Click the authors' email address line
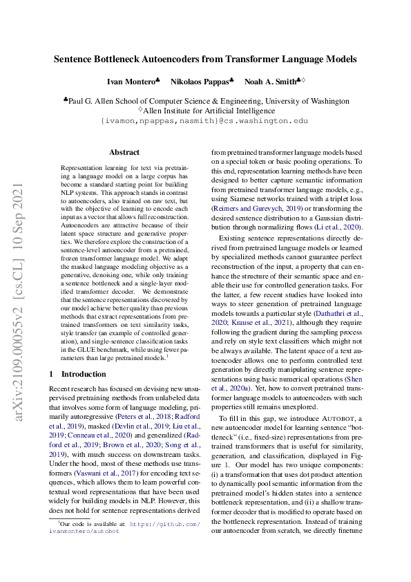point(204,121)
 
